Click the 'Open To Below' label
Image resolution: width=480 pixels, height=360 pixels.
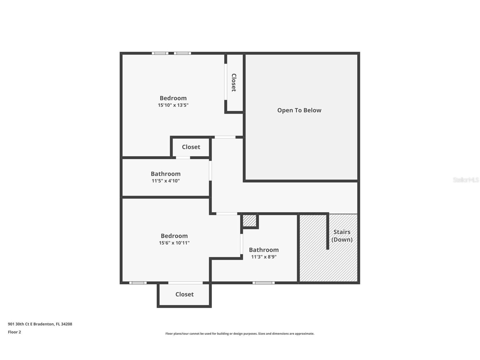(299, 110)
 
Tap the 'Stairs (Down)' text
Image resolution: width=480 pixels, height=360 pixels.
(342, 236)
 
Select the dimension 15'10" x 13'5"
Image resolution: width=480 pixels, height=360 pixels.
(173, 105)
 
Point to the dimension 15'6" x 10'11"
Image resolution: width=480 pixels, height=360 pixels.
(174, 243)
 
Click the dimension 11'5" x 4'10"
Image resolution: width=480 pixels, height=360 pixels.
(166, 181)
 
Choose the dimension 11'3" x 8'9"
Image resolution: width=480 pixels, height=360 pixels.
(264, 257)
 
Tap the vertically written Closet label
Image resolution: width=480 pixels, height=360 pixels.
(234, 82)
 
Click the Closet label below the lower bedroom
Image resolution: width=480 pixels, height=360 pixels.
(184, 294)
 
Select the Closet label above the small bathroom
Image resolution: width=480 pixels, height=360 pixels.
(191, 147)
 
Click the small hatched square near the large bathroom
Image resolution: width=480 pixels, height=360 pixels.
(249, 221)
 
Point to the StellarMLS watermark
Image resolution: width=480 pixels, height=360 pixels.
(466, 180)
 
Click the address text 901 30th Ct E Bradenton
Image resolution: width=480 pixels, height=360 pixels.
(40, 324)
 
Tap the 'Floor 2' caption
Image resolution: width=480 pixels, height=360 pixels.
(14, 332)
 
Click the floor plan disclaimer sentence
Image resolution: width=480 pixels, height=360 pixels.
(240, 334)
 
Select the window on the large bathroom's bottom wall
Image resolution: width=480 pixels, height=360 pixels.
(263, 282)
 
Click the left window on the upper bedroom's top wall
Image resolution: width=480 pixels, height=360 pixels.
(160, 53)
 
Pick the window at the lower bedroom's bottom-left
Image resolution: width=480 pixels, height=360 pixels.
(138, 282)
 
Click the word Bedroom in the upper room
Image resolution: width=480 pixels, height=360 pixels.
(173, 98)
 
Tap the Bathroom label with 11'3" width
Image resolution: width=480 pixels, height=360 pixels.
(264, 250)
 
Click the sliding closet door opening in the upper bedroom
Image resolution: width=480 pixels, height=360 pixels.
(226, 82)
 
